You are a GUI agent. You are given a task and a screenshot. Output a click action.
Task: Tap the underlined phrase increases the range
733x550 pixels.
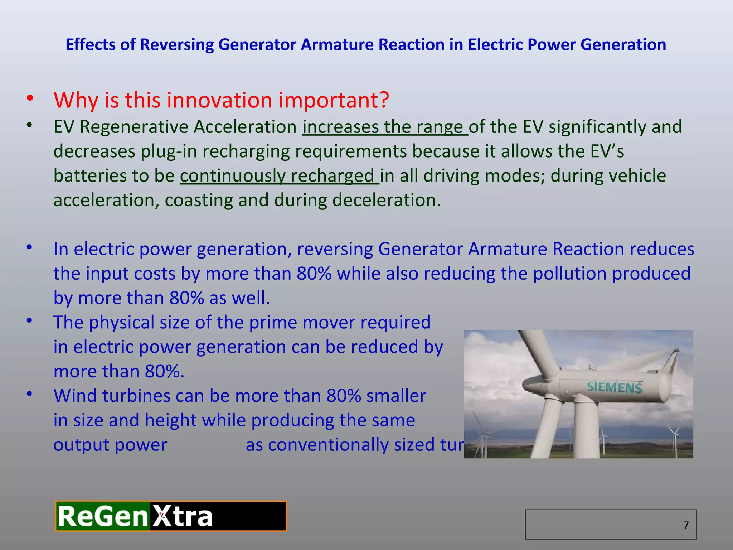(x=385, y=127)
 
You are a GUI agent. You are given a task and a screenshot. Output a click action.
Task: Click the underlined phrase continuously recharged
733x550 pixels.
(x=279, y=176)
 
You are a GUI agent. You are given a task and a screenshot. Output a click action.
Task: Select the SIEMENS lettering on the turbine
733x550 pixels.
(x=614, y=387)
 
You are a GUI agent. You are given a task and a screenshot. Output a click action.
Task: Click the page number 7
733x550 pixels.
(x=685, y=525)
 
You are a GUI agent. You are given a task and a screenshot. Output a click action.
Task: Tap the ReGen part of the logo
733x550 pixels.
(x=103, y=517)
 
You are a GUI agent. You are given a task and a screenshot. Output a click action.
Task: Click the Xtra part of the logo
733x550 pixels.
(x=183, y=517)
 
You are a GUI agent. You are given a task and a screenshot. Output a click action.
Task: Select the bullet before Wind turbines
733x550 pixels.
(x=29, y=394)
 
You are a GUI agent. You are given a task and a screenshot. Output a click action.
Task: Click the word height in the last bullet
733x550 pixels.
(x=171, y=420)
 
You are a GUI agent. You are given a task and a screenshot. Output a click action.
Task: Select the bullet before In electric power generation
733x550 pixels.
(x=29, y=247)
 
